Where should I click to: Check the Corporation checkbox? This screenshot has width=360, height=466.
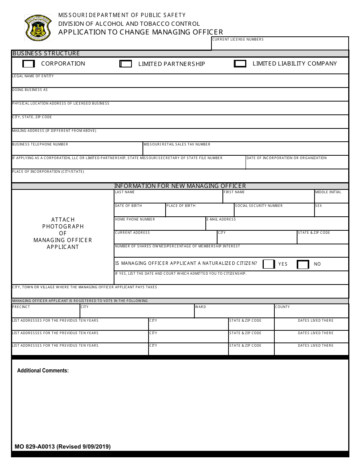[29, 64]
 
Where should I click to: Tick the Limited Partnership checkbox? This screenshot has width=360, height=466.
[125, 64]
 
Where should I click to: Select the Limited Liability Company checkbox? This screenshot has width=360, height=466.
[240, 64]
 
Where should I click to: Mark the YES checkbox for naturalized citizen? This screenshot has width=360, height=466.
[268, 264]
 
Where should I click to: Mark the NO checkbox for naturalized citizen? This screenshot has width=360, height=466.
[303, 264]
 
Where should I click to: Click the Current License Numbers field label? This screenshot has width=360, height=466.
[238, 39]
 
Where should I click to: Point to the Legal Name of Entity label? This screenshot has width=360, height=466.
[33, 76]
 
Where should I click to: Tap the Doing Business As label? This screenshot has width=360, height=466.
[30, 90]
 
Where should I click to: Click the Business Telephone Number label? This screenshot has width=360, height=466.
[40, 144]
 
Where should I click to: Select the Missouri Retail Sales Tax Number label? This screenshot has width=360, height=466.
[177, 144]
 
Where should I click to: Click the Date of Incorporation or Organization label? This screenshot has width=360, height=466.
[286, 158]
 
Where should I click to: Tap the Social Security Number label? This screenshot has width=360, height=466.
[259, 206]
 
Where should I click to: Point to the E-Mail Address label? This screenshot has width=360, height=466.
[221, 219]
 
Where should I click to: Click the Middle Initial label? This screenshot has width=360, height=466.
[328, 192]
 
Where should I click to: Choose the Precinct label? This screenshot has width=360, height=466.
[21, 307]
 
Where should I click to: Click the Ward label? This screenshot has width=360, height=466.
[200, 307]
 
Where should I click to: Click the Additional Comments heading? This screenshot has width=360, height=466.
[43, 371]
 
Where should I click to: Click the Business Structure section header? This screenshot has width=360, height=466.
[46, 53]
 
